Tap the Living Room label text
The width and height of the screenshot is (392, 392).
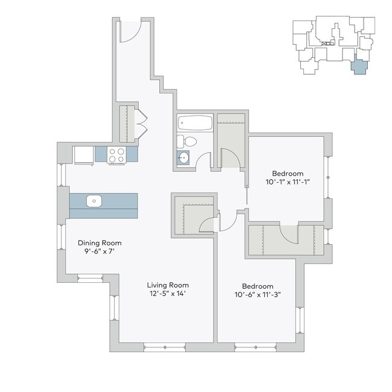pyautogui.click(x=168, y=285)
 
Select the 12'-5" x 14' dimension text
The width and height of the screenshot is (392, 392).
pyautogui.click(x=168, y=294)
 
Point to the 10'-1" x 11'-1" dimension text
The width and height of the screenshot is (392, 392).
pyautogui.click(x=288, y=182)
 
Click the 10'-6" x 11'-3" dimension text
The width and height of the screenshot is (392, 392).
pyautogui.click(x=258, y=295)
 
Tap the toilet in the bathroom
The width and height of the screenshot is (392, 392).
pyautogui.click(x=189, y=142)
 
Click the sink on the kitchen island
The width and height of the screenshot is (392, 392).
pyautogui.click(x=93, y=201)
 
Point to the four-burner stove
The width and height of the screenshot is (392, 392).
pyautogui.click(x=116, y=155)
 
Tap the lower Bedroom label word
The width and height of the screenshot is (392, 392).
pyautogui.click(x=258, y=286)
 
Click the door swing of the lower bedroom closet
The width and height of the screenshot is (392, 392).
pyautogui.click(x=288, y=234)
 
